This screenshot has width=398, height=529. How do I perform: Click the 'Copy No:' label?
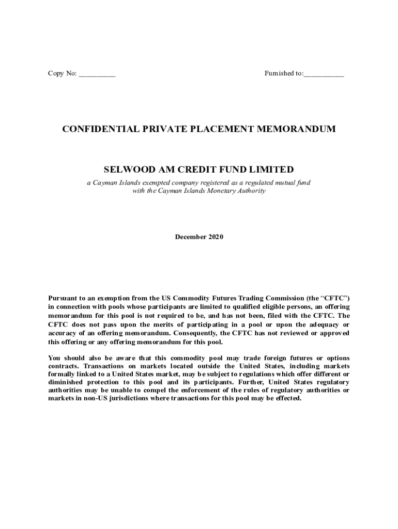(x=62, y=74)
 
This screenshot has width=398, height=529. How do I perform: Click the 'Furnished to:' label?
(x=284, y=74)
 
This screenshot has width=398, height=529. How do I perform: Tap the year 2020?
(x=216, y=237)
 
